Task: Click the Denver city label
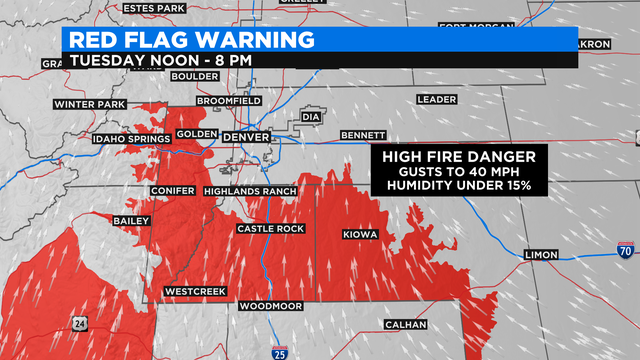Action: click(245, 136)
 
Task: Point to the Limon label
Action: click(544, 256)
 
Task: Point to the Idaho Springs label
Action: click(130, 138)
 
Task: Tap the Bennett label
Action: click(362, 134)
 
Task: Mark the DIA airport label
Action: click(311, 117)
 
